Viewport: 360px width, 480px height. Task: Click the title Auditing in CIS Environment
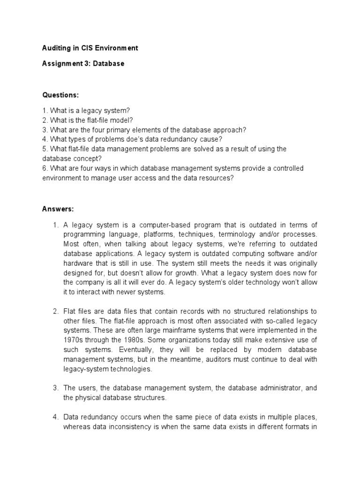90,48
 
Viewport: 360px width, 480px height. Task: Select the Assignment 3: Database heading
83,64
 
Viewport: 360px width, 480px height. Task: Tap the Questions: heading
60,95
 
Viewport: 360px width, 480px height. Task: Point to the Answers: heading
58,208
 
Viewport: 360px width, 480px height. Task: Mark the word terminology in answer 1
232,234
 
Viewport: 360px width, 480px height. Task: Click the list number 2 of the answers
54,311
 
